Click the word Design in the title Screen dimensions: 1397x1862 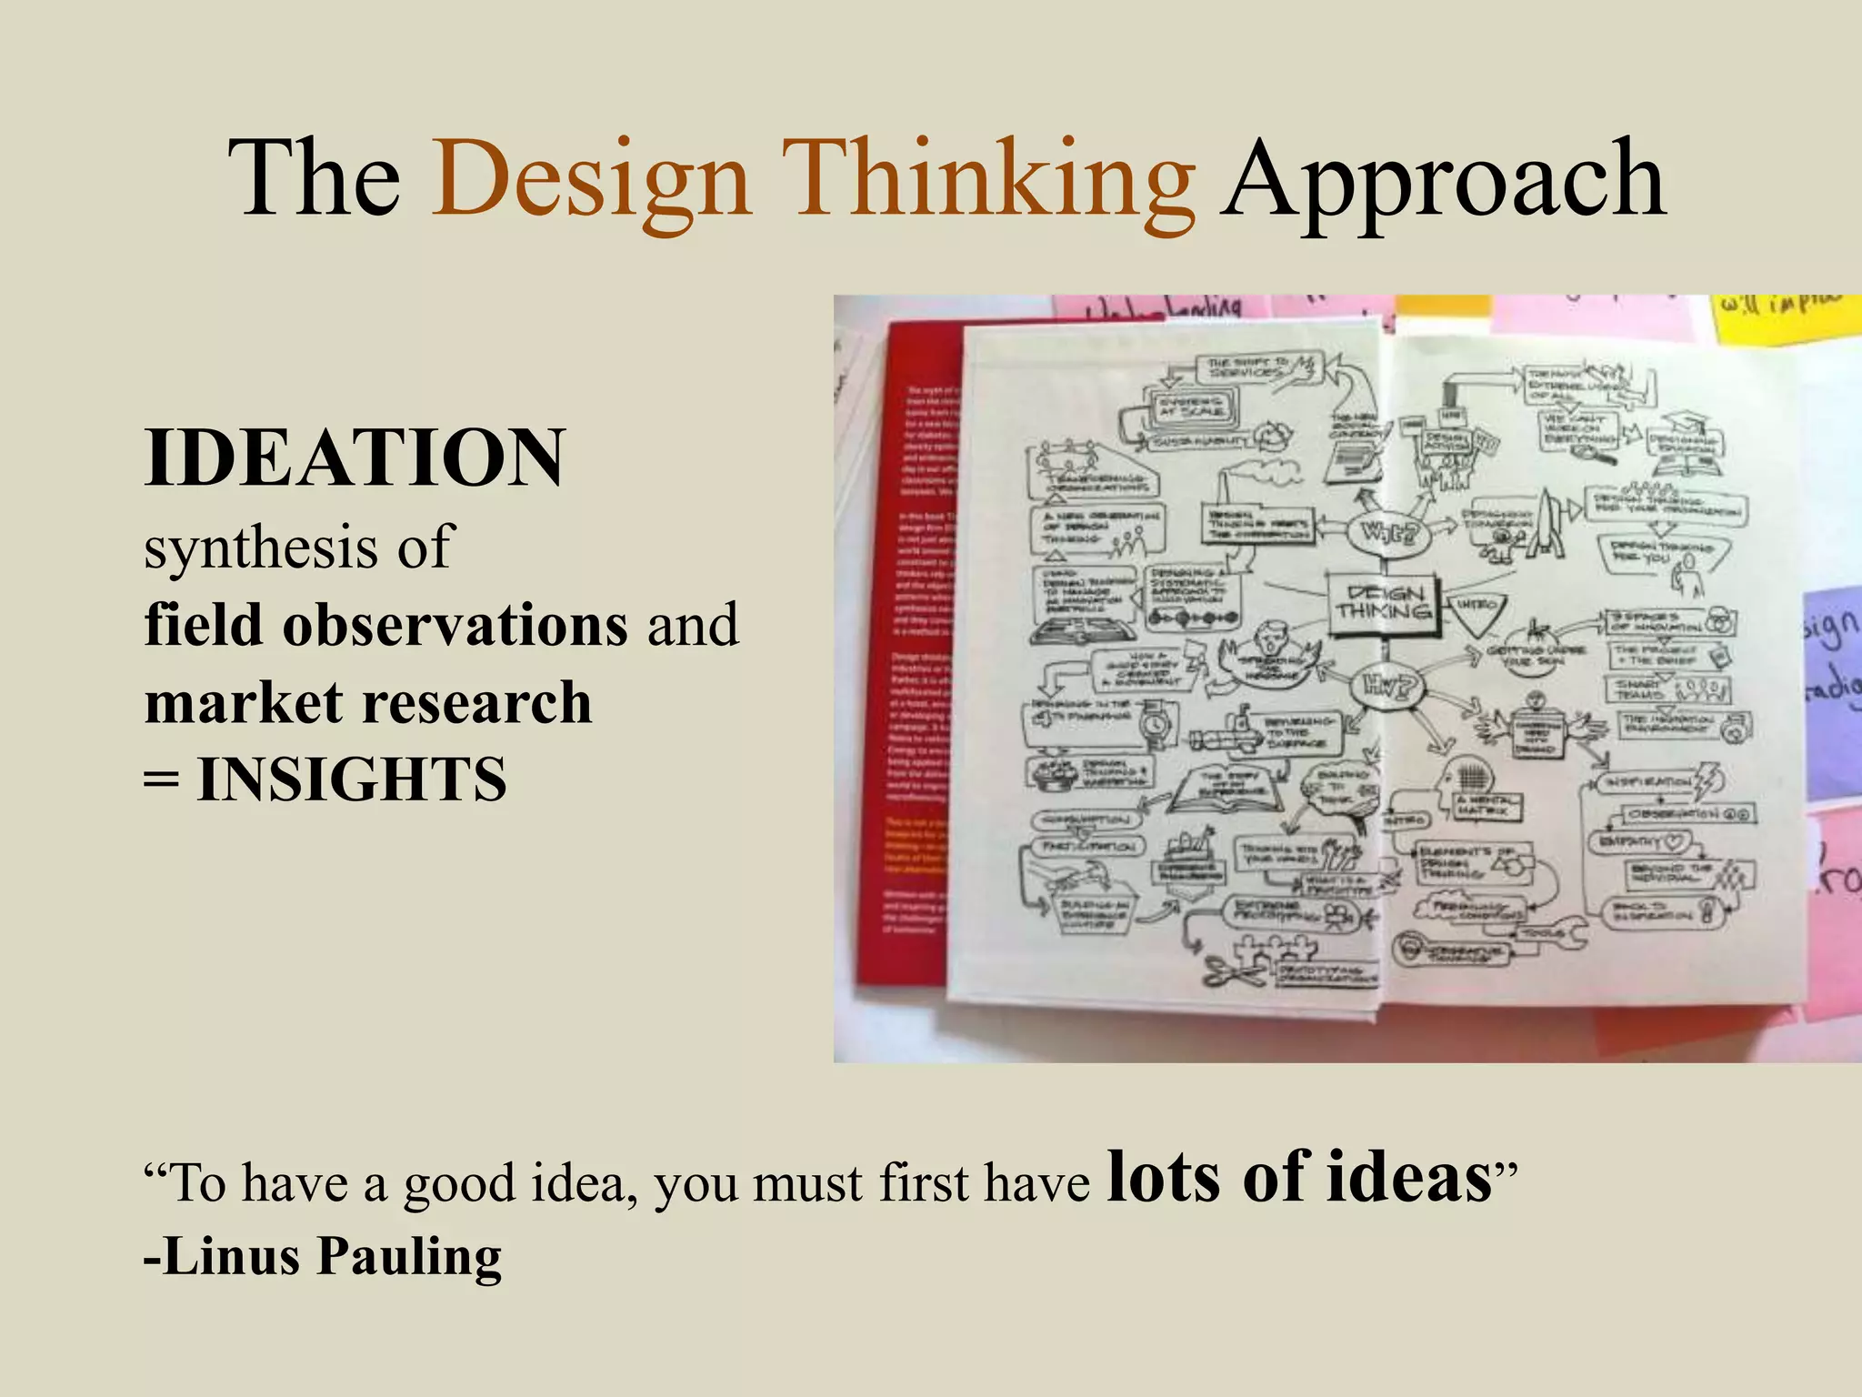(592, 179)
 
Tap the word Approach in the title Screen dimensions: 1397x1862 (1443, 179)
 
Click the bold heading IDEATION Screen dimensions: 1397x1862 (355, 457)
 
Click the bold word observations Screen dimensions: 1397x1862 (455, 626)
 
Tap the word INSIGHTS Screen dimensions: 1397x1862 (352, 780)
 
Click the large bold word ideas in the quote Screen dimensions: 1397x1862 (1408, 1178)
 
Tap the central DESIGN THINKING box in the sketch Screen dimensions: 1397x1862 (1383, 600)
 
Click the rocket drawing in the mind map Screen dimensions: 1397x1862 (1545, 523)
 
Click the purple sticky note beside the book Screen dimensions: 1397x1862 (1831, 691)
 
